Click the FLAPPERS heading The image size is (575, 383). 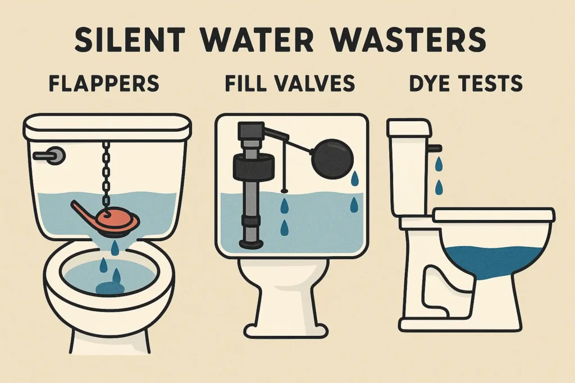(104, 84)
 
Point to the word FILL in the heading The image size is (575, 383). (248, 84)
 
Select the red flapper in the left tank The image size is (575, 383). (112, 218)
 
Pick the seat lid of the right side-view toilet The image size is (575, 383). (494, 215)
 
